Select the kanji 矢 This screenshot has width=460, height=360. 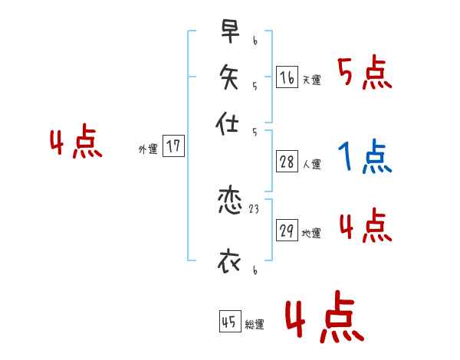[229, 77]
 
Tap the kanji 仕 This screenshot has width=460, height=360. [229, 123]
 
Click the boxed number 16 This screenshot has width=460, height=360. [287, 77]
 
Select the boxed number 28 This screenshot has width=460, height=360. [287, 162]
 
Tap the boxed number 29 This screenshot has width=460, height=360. [287, 231]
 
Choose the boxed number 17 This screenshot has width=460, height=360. [174, 146]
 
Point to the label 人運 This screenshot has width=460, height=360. [311, 165]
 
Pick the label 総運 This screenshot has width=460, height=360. [254, 325]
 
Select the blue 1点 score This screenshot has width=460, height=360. [363, 158]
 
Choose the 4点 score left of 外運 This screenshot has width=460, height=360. [76, 144]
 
